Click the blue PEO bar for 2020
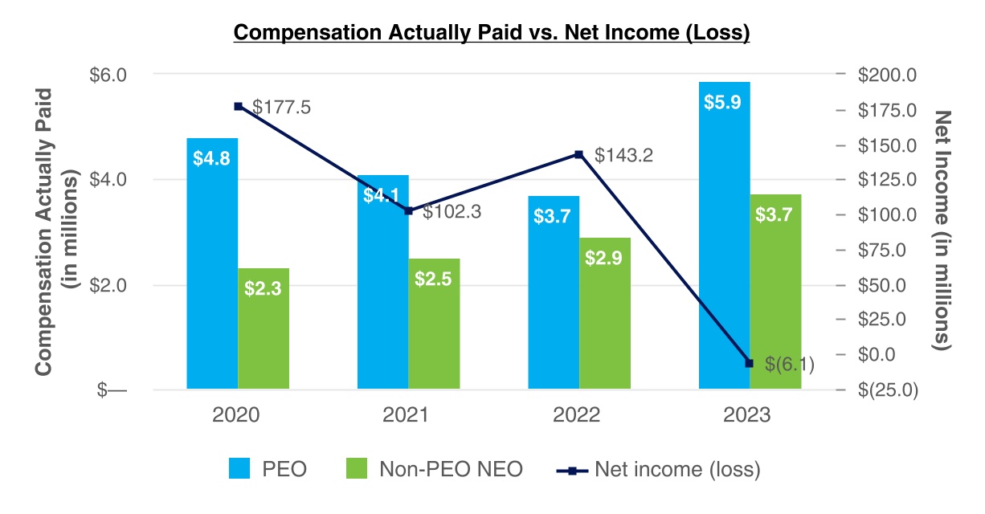click(212, 265)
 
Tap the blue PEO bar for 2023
click(725, 241)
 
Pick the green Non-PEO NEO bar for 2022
click(605, 314)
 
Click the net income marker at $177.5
click(238, 106)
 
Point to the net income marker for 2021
click(409, 210)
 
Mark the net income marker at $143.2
click(578, 154)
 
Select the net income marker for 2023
click(750, 363)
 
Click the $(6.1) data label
click(790, 365)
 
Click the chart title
click(491, 33)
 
